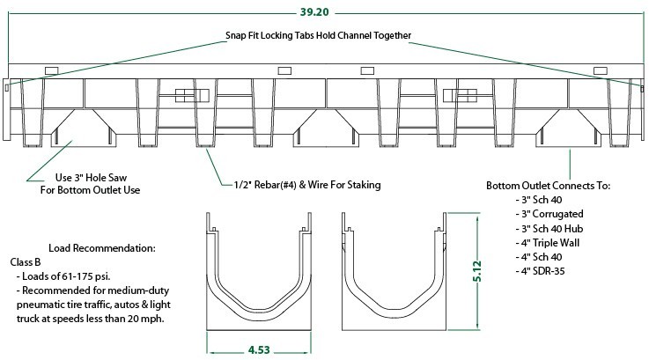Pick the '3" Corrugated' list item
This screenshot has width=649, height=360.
(551, 214)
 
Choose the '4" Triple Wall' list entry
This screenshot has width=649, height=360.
(552, 242)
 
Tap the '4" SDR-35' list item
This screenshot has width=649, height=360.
(546, 270)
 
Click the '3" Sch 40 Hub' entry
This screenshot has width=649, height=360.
(551, 228)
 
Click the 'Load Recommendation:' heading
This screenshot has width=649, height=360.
(101, 248)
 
